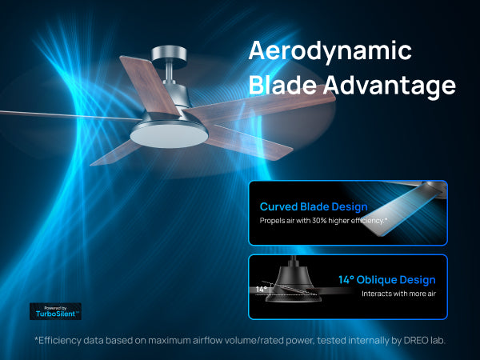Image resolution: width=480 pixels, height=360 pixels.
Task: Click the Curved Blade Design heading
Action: click(x=314, y=207)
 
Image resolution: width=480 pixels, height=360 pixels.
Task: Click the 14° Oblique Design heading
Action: click(x=386, y=280)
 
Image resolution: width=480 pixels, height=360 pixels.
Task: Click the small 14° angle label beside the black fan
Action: click(x=262, y=290)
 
